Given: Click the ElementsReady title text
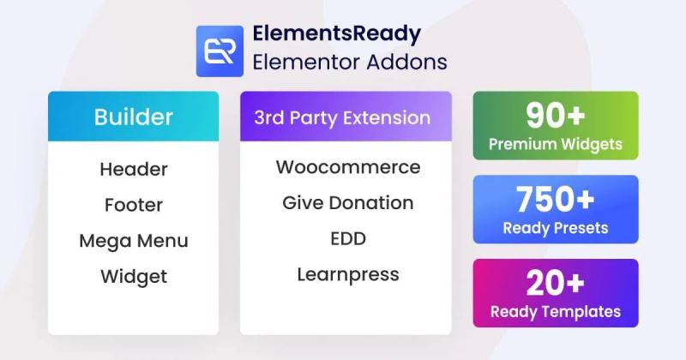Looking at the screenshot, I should coord(336,33).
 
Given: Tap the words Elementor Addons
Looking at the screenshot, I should coord(349,62).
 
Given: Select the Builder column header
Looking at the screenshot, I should coord(133,117).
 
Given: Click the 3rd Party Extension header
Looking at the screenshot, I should coord(342,117).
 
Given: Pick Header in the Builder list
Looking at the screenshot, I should coord(133,169).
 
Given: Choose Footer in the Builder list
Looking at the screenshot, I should coord(133,205).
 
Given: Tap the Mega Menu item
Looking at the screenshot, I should coord(133,240).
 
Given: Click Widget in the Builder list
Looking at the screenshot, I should coord(133,276).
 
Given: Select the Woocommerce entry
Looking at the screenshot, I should coord(348,166).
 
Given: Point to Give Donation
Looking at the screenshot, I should coord(348,203).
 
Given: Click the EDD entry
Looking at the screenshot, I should coord(348,238).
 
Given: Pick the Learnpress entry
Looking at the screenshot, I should coord(348,274).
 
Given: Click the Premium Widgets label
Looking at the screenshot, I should coord(555,144).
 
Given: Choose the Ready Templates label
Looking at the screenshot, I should coord(555,311).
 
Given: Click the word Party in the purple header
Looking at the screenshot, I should coord(315,117).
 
